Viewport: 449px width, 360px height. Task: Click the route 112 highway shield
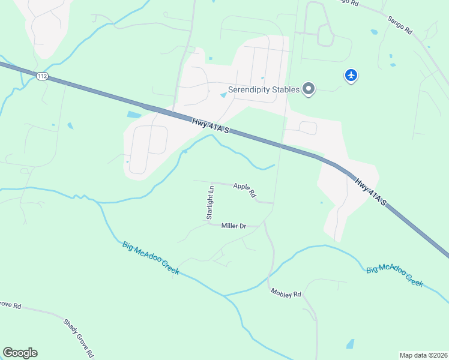tap(41, 76)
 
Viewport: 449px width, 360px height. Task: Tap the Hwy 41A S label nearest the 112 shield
tap(211, 127)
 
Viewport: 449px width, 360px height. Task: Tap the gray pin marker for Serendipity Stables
tap(309, 89)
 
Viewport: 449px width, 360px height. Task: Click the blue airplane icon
tap(351, 76)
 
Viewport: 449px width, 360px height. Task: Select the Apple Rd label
tap(245, 190)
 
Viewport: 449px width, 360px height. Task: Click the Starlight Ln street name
tap(210, 202)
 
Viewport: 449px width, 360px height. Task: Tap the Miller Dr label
tap(234, 226)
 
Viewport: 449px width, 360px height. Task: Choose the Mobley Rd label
tap(286, 293)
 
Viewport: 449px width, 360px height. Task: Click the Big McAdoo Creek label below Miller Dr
tap(151, 257)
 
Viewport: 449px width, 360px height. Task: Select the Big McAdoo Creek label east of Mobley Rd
tap(395, 275)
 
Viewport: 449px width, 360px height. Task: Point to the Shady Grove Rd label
tap(78, 338)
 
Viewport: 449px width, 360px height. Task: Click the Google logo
tap(20, 353)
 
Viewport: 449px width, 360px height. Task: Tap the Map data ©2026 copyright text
tap(423, 355)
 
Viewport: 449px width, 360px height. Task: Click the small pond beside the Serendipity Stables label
tap(223, 95)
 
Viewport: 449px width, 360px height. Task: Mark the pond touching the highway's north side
tap(134, 115)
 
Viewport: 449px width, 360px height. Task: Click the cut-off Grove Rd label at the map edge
tap(10, 305)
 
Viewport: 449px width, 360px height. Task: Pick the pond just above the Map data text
tap(350, 344)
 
